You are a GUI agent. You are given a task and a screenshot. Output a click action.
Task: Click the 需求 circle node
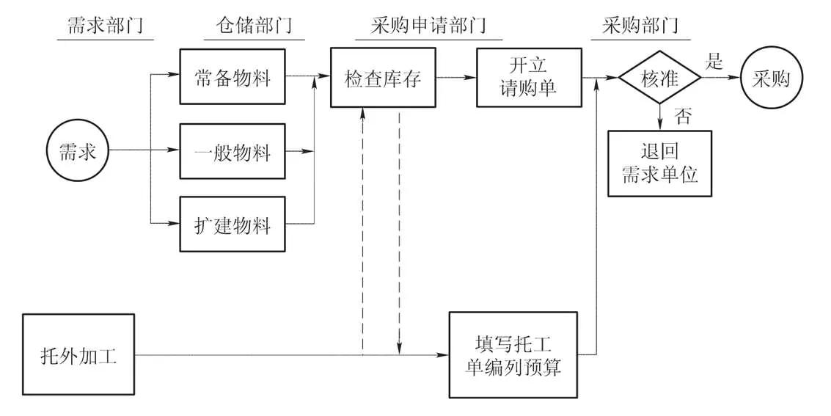[77, 152]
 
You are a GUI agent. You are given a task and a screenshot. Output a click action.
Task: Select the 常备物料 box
[233, 77]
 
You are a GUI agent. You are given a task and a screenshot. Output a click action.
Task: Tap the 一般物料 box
[233, 152]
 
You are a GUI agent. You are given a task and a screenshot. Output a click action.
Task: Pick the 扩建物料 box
[233, 224]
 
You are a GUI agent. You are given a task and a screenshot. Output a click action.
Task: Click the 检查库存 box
[383, 78]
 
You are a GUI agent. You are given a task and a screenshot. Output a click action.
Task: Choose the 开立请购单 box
[528, 77]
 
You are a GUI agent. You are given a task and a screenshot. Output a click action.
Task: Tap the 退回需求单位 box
[659, 163]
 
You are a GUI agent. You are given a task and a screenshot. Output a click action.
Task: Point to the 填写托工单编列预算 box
[513, 357]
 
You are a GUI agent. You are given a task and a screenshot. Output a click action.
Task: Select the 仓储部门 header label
[248, 26]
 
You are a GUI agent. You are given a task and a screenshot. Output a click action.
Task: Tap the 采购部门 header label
[640, 26]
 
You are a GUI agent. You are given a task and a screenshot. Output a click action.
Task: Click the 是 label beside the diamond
[714, 62]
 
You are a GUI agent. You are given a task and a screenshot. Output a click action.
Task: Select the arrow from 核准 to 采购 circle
[720, 77]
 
